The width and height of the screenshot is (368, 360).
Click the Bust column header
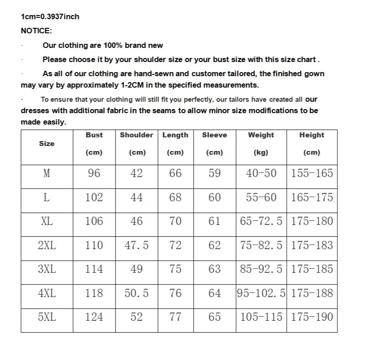pos(94,135)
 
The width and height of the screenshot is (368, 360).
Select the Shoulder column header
pos(137,135)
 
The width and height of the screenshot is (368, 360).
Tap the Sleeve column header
pos(214,135)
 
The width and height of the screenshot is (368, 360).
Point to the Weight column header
pos(261,135)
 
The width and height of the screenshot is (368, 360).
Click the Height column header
pos(311,135)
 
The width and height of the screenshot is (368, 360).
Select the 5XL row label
pos(47,317)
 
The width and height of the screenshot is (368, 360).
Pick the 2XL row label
pos(47,245)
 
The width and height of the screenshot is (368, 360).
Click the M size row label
pos(47,173)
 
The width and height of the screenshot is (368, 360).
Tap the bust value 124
pos(94,317)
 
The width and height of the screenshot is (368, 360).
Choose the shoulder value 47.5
pos(137,245)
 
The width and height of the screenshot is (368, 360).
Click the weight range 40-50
pos(261,173)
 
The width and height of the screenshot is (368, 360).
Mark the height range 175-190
pos(312,317)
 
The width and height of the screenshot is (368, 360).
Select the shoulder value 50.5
pos(137,293)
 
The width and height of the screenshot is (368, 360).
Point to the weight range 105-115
pos(261,317)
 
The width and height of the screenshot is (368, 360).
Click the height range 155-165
pos(312,173)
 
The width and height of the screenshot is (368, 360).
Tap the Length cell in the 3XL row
pos(175,269)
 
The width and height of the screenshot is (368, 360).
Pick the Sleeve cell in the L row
pos(214,198)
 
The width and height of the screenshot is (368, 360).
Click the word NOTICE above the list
pos(37,31)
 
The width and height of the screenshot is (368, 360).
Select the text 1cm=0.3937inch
pos(50,17)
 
